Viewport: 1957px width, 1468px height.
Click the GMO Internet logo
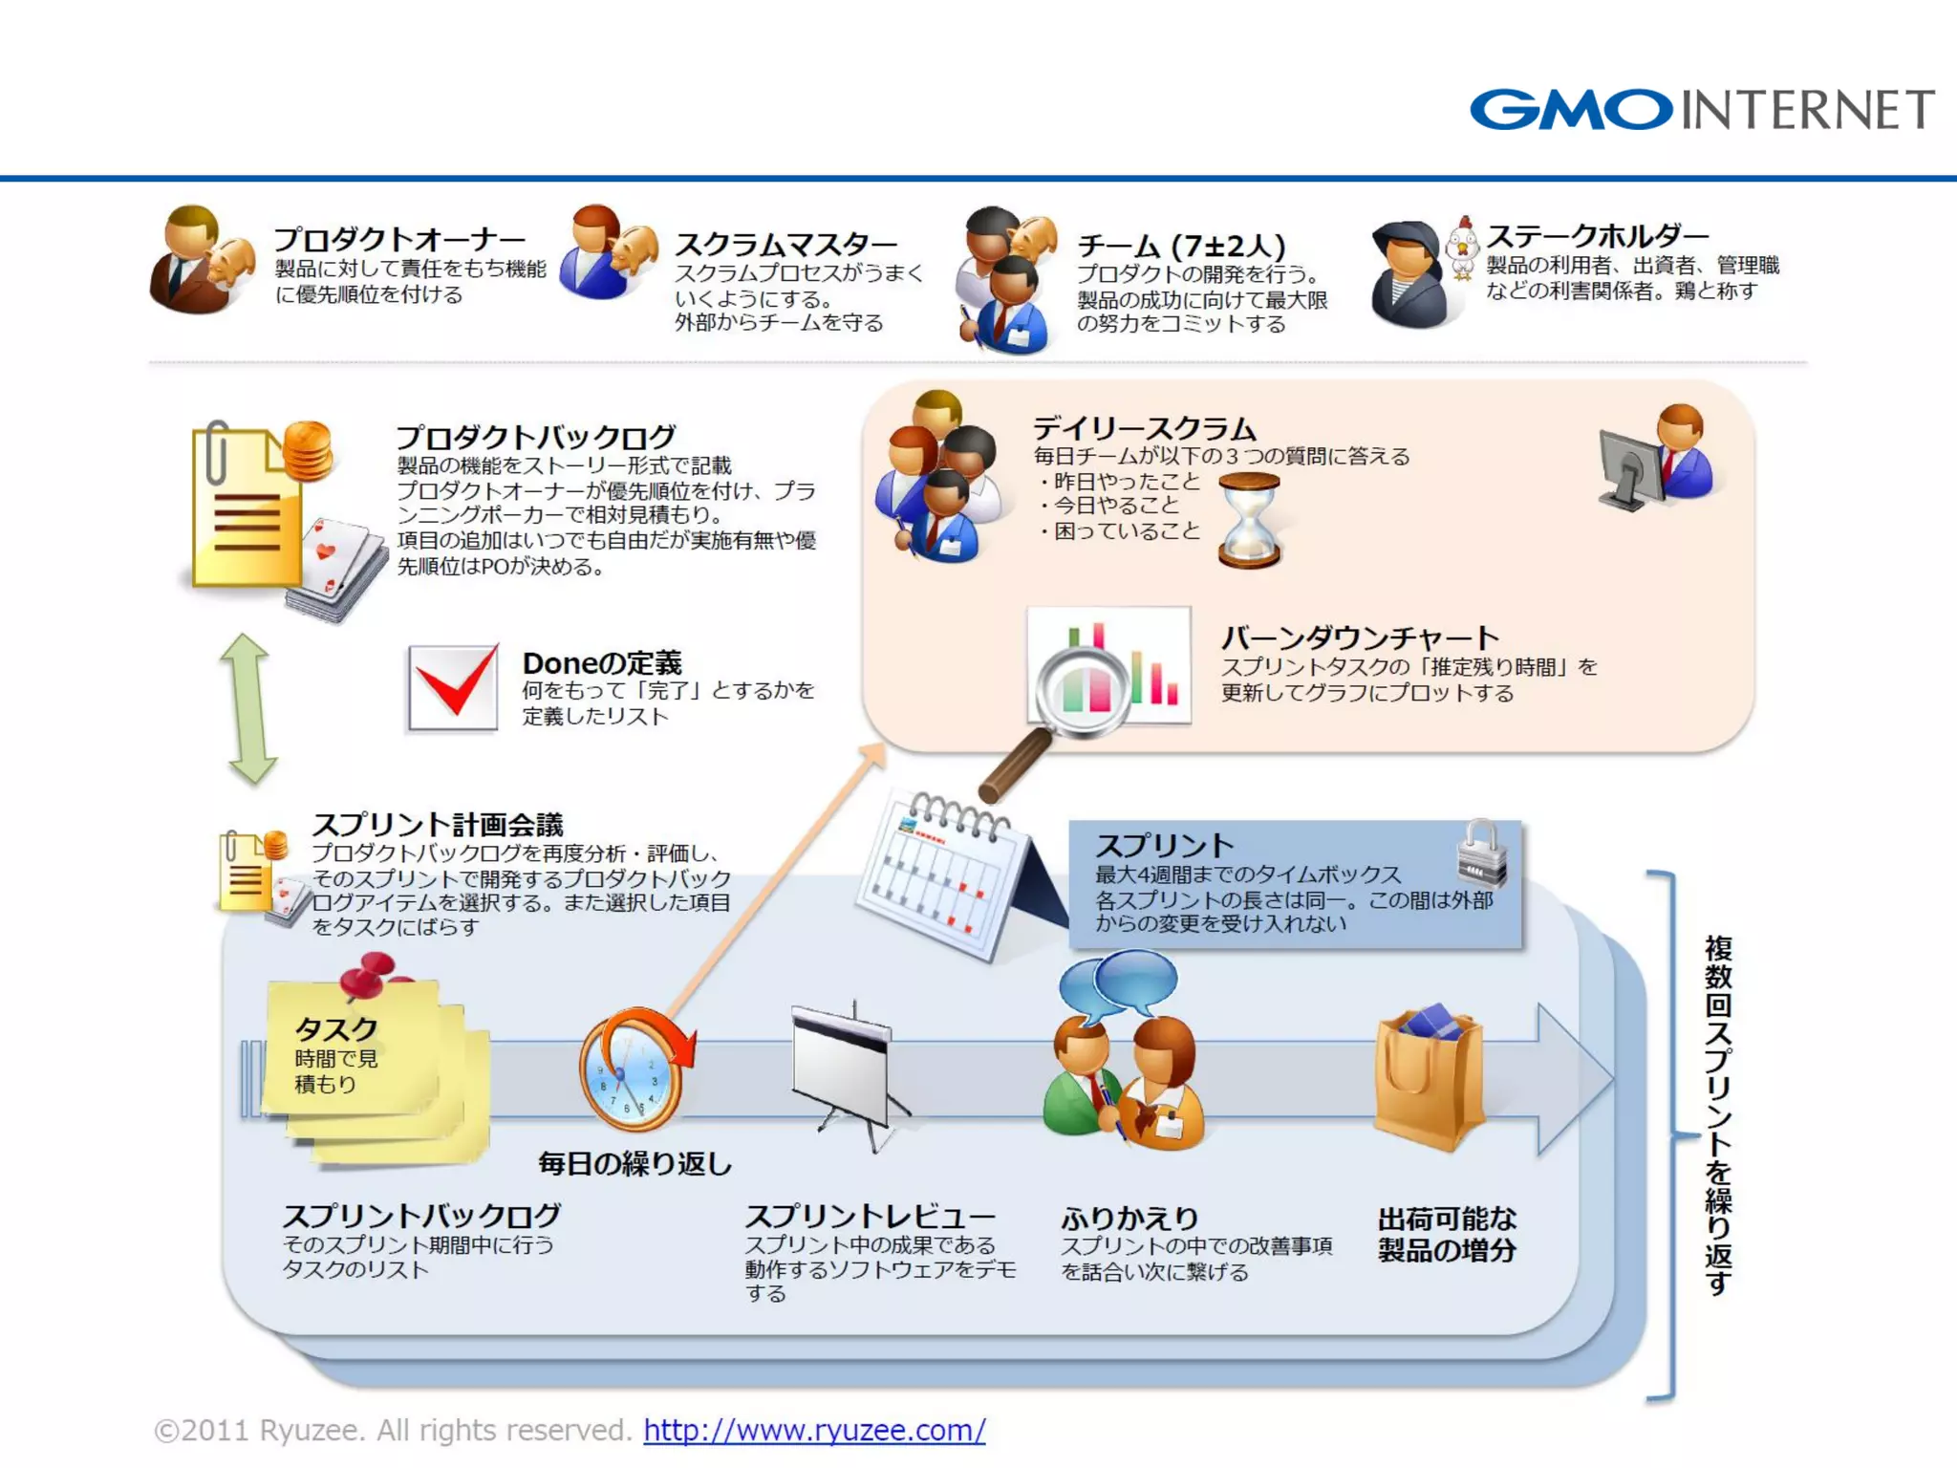[x=1701, y=110]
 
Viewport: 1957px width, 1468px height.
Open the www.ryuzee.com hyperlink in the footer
[x=814, y=1430]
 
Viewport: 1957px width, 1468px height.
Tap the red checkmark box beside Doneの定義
[x=453, y=687]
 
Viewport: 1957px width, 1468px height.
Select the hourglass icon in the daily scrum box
[x=1249, y=521]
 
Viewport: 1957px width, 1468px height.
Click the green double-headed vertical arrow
[x=249, y=709]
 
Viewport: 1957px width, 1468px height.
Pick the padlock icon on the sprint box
[x=1481, y=853]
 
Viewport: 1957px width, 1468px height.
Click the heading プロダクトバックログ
[x=536, y=438]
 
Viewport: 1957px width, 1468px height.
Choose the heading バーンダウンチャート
[x=1360, y=637]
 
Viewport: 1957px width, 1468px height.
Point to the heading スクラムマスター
[x=785, y=245]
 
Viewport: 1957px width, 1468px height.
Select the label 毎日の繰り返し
[x=634, y=1163]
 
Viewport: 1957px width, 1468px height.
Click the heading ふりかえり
[x=1129, y=1218]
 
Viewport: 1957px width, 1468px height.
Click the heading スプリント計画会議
[x=438, y=825]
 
